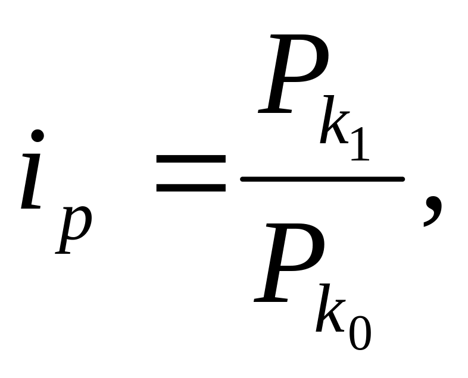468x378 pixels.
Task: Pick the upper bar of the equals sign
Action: click(191, 159)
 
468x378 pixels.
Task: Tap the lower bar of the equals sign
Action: click(191, 187)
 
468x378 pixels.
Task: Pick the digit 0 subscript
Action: click(360, 330)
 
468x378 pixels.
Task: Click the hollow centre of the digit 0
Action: click(360, 330)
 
